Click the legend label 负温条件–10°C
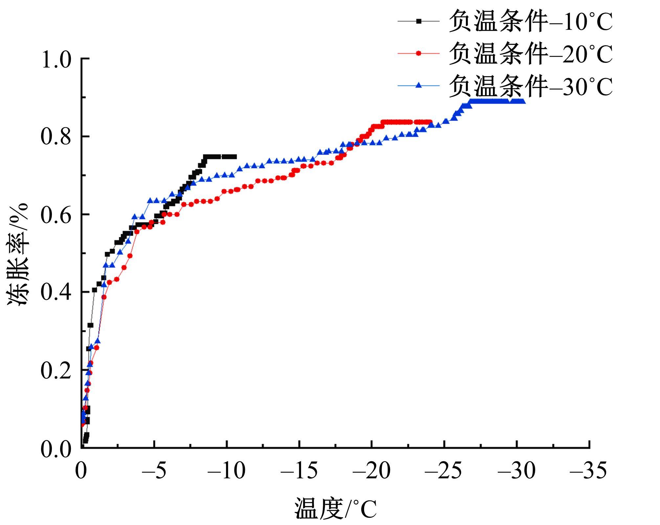coord(531,22)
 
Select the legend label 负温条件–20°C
coord(531,54)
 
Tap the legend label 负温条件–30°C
coord(531,86)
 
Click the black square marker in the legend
coord(419,21)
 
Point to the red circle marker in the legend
coord(419,53)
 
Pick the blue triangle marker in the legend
coord(419,85)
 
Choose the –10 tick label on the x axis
coord(227,471)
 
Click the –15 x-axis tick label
coord(299,471)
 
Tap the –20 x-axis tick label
coord(372,471)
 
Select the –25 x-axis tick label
coord(444,471)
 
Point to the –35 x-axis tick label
coord(588,471)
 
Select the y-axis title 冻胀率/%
coord(18,254)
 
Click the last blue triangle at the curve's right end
coord(523,101)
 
